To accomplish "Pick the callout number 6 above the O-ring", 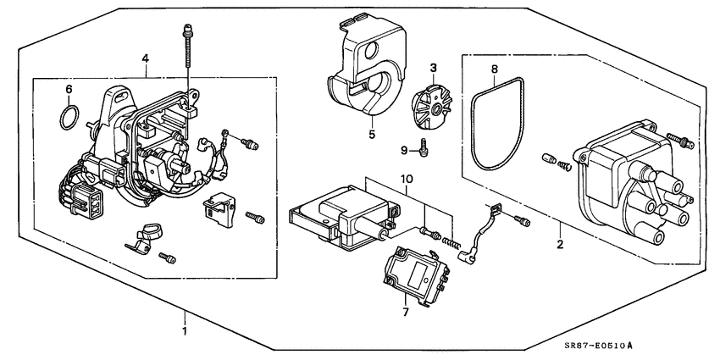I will coord(69,88).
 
